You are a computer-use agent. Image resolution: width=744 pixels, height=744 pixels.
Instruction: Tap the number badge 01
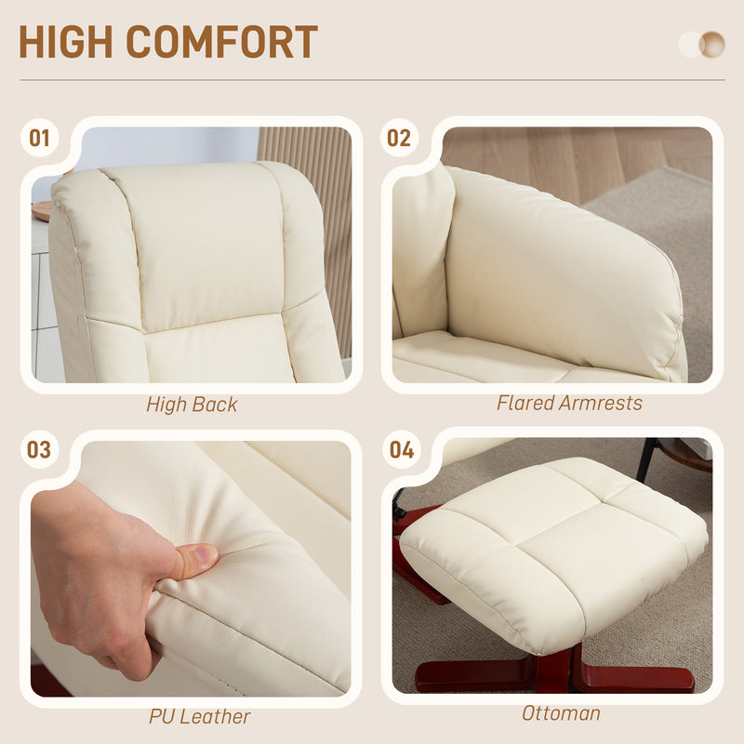[x=39, y=139]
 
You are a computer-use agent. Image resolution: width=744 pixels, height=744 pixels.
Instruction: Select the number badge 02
[x=399, y=139]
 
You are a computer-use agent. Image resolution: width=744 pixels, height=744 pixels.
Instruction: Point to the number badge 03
[x=39, y=450]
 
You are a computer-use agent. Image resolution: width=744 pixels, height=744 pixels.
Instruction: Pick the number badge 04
[x=402, y=450]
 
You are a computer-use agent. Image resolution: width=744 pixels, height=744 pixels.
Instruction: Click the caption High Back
[x=192, y=405]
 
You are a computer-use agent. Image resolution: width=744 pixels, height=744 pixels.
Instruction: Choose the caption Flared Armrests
[x=569, y=403]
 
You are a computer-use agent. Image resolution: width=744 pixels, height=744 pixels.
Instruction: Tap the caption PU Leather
[x=199, y=717]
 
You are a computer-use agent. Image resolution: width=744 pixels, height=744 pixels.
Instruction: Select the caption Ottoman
[x=561, y=713]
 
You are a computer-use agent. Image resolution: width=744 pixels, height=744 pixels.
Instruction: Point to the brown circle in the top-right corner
[x=712, y=44]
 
